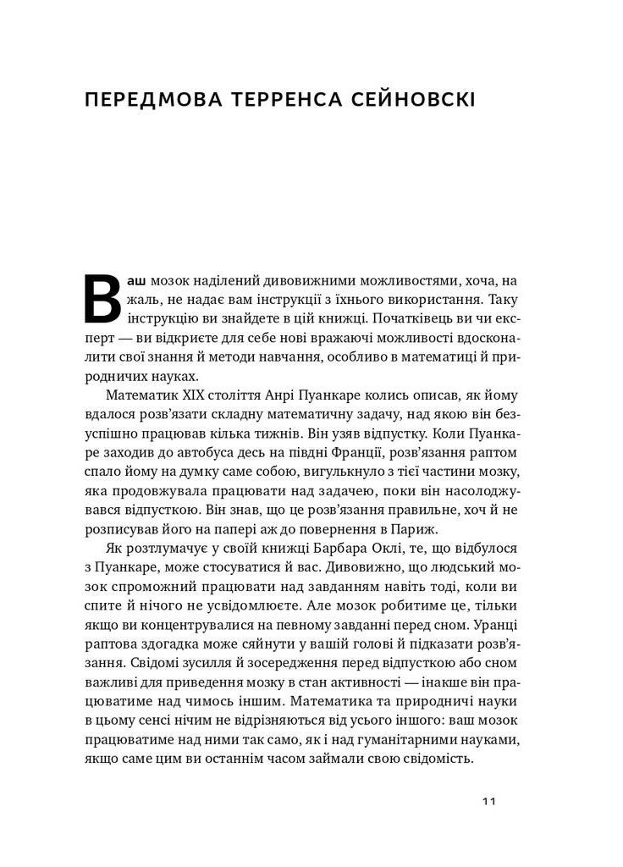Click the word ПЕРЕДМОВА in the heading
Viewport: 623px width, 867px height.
pos(150,100)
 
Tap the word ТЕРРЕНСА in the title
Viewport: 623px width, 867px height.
pos(289,100)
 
